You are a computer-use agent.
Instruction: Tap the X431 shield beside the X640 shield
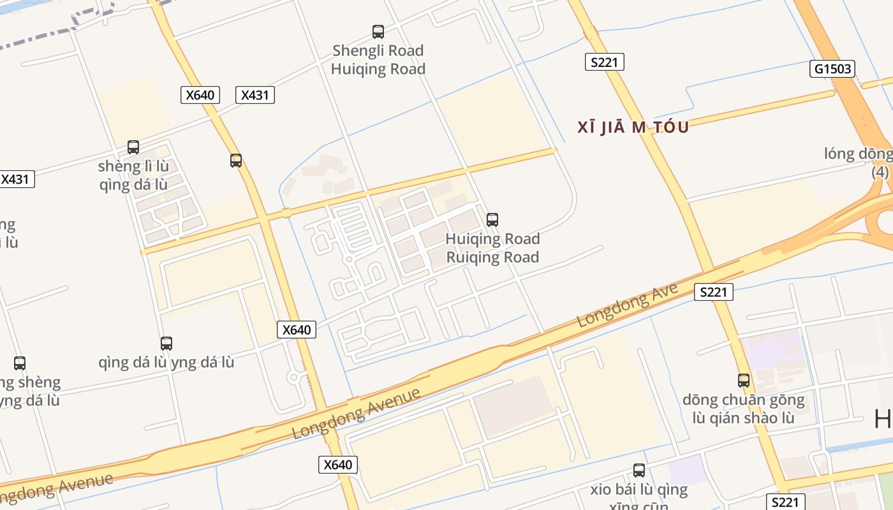pos(255,95)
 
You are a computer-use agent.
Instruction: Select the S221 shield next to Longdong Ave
pos(714,292)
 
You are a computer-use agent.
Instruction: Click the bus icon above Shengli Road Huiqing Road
pos(378,31)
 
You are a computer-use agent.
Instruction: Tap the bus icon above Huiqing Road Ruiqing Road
pos(492,220)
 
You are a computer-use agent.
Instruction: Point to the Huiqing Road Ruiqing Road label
pos(492,248)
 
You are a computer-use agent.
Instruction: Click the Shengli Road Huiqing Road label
pos(378,59)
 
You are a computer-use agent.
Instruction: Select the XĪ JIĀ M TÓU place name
pos(633,127)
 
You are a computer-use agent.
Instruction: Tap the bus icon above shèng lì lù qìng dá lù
pos(133,147)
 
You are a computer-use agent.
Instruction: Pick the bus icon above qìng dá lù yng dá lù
pos(166,344)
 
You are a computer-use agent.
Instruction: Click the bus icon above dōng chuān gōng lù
pos(744,381)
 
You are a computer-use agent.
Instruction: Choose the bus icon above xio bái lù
pos(639,470)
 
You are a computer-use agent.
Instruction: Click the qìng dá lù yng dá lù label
pos(166,363)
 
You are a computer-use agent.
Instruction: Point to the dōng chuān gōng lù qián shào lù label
pos(744,409)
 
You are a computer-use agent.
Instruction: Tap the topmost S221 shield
pos(604,62)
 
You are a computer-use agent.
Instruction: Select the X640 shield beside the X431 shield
pos(200,95)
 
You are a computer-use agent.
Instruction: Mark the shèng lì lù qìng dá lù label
pos(133,175)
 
